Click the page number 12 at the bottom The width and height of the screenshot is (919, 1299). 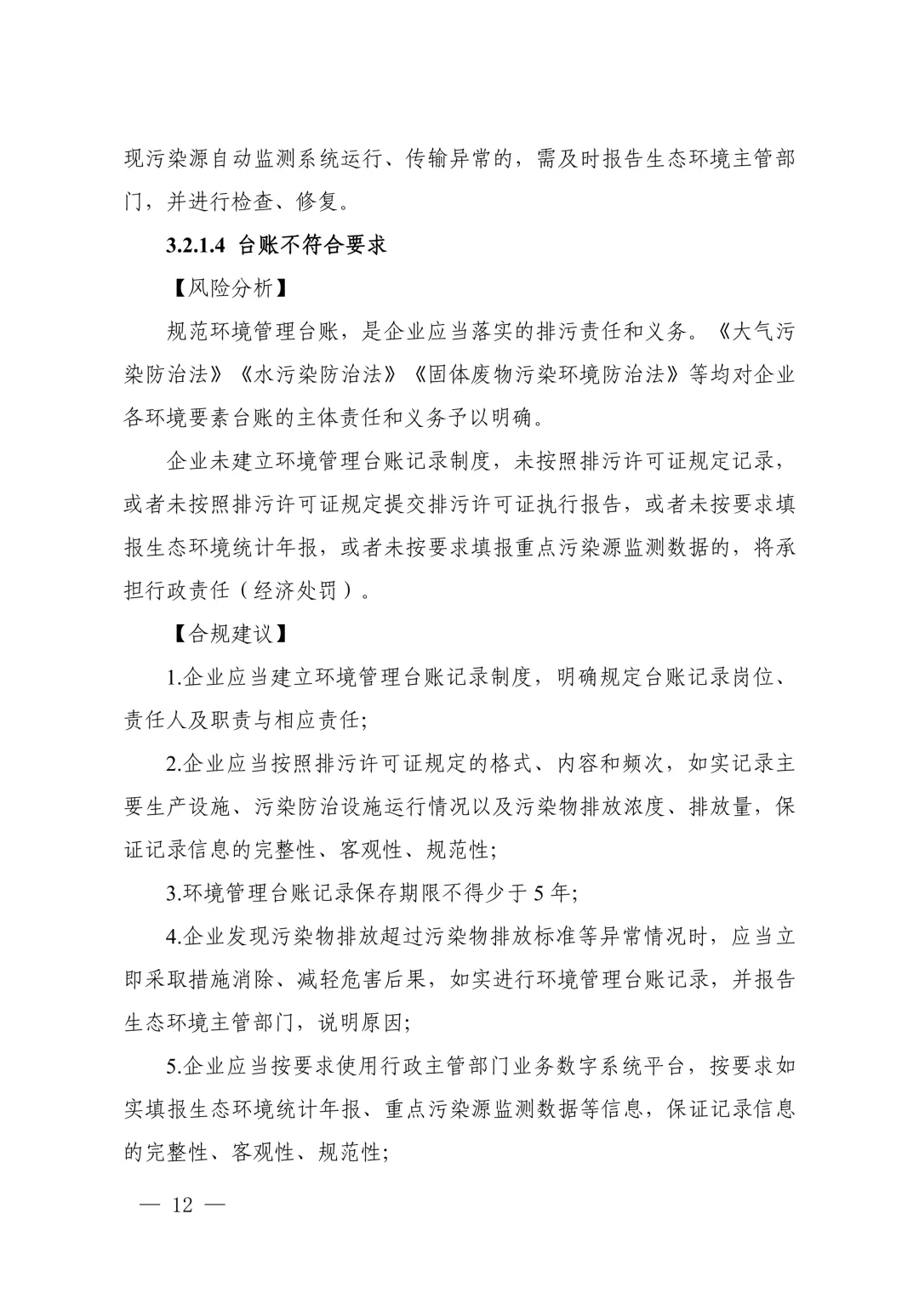[x=183, y=1205]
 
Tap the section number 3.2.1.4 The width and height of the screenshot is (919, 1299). [x=195, y=246]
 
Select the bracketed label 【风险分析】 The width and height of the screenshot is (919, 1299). [x=223, y=288]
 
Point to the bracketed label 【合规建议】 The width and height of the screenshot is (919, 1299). [x=223, y=635]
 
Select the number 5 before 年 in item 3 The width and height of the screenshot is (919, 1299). [x=539, y=894]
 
